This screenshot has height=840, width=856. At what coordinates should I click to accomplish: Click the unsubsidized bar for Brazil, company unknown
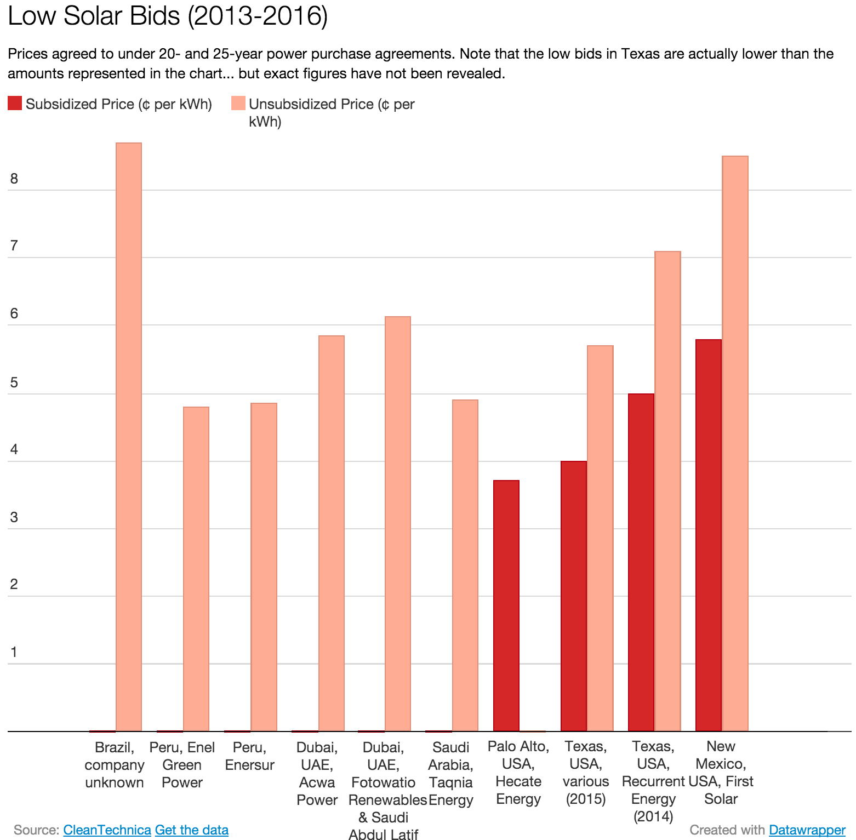point(129,437)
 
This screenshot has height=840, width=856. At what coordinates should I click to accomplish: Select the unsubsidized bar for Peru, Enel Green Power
point(196,569)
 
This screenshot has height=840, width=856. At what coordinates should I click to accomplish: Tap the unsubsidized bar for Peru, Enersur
point(264,567)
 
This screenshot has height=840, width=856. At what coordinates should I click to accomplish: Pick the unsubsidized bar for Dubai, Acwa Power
point(332,533)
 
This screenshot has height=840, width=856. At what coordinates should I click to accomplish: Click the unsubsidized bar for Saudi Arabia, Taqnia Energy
point(465,565)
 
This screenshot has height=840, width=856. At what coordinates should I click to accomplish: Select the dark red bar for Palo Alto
point(506,605)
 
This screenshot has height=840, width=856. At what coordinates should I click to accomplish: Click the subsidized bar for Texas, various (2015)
point(574,596)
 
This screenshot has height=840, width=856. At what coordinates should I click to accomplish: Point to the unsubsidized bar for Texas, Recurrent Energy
point(667,491)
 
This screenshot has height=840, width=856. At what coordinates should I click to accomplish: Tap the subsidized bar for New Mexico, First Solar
point(709,535)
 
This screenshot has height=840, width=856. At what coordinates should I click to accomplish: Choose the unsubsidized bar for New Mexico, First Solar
point(735,443)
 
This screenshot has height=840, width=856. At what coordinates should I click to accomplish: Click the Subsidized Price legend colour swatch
point(15,103)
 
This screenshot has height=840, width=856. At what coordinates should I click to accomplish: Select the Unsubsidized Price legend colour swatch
point(238,103)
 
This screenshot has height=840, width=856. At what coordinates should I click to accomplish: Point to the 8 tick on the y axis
point(14,179)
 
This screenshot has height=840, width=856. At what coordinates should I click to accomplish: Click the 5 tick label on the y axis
point(14,382)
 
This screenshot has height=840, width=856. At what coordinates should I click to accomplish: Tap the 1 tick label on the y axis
point(14,652)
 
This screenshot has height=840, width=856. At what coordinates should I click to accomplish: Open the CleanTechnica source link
point(107,830)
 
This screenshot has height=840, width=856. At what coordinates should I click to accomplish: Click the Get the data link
point(192,830)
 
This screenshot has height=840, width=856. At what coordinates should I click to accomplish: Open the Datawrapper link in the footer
point(807,830)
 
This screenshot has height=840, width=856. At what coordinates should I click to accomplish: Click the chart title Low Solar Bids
point(168,15)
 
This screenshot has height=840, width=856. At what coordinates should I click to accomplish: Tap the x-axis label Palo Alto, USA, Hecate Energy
point(518,773)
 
